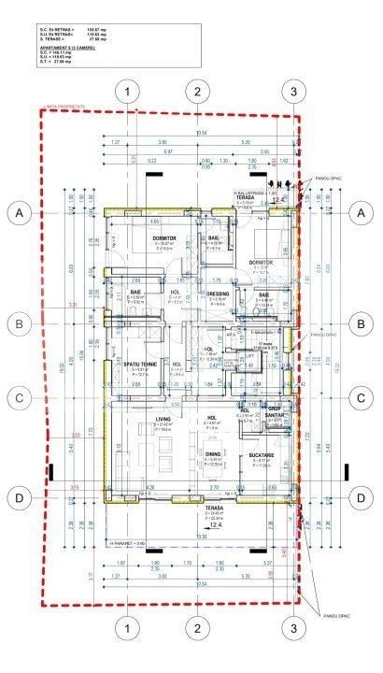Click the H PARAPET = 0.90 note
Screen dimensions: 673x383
[128, 542]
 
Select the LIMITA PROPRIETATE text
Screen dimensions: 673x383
[64, 107]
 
